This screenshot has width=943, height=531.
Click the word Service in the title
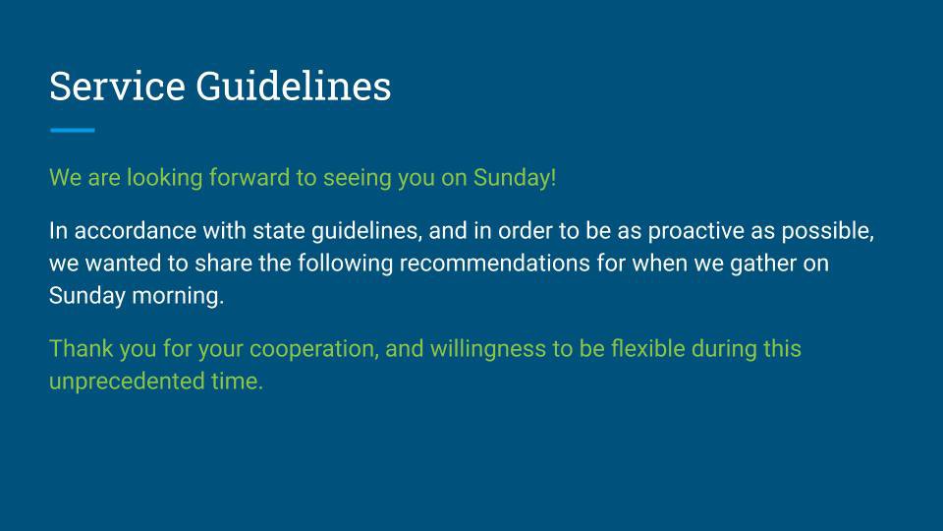tap(117, 87)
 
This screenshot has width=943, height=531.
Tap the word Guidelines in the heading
tap(294, 87)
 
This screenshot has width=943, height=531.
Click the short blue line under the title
tap(72, 130)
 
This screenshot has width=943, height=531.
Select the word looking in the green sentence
tap(164, 179)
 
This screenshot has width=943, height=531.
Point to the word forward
tap(250, 178)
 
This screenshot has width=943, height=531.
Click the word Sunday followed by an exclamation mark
tap(515, 179)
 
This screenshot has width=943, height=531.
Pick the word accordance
tap(136, 231)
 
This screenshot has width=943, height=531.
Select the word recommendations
tap(494, 264)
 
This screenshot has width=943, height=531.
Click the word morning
tap(178, 297)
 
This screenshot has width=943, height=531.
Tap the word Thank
tap(82, 349)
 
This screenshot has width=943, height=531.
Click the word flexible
tap(647, 349)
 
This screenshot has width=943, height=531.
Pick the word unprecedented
tap(127, 383)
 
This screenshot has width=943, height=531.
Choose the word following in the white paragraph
tap(345, 265)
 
